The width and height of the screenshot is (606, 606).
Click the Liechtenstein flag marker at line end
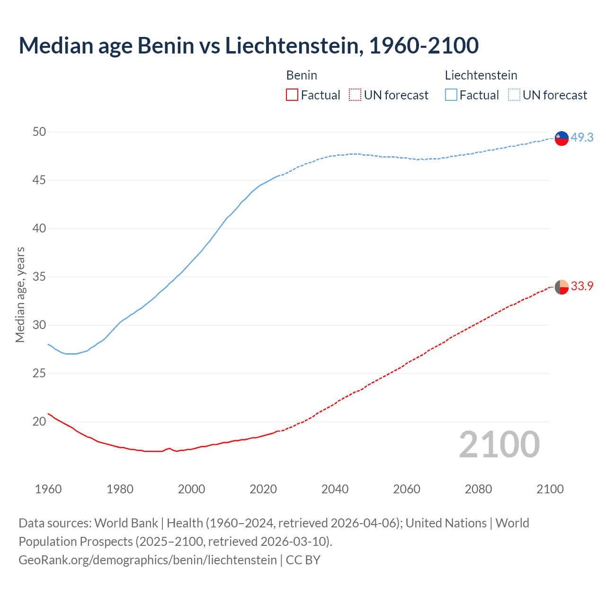[x=561, y=138]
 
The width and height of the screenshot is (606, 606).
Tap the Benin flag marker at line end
[x=561, y=287]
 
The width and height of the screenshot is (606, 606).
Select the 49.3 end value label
[x=582, y=137]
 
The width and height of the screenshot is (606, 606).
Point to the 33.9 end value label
[x=582, y=286]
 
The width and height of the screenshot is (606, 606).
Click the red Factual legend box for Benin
[x=292, y=95]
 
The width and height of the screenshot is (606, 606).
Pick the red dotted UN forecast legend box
[x=355, y=95]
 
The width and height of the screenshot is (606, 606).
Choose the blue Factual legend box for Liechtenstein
[x=451, y=95]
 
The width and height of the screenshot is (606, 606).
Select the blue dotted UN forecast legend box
[x=514, y=95]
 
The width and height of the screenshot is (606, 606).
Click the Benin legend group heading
[x=302, y=75]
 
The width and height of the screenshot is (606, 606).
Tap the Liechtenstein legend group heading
[x=481, y=75]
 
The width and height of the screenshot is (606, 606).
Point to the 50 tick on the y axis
[x=39, y=132]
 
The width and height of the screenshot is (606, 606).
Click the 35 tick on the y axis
[x=39, y=276]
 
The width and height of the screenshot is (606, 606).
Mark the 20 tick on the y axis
[x=39, y=421]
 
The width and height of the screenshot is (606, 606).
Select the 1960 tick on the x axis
[x=48, y=489]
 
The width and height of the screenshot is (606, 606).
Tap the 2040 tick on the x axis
[x=335, y=489]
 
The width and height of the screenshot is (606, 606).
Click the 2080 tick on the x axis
[x=478, y=489]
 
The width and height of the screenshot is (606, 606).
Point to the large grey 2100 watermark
[x=499, y=444]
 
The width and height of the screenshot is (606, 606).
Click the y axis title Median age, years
[x=20, y=294]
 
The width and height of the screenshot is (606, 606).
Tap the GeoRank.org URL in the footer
[x=147, y=560]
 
